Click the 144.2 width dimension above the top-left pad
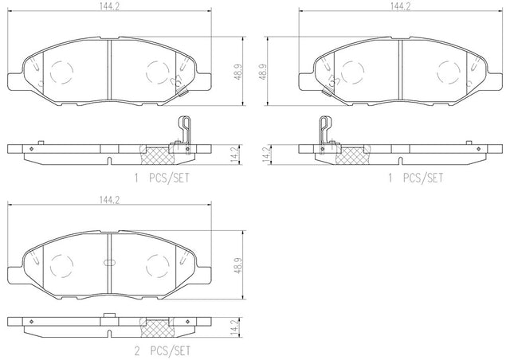[x=110, y=6]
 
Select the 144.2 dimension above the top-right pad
[x=400, y=6]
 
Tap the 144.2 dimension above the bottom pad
[x=110, y=201]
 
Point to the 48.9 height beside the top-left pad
[x=238, y=72]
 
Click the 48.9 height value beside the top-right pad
[x=263, y=72]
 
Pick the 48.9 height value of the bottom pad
[x=238, y=265]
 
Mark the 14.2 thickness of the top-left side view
[x=238, y=155]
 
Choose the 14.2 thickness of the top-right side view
[x=265, y=155]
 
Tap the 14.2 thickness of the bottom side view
[x=238, y=327]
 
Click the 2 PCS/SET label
[x=162, y=351]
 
